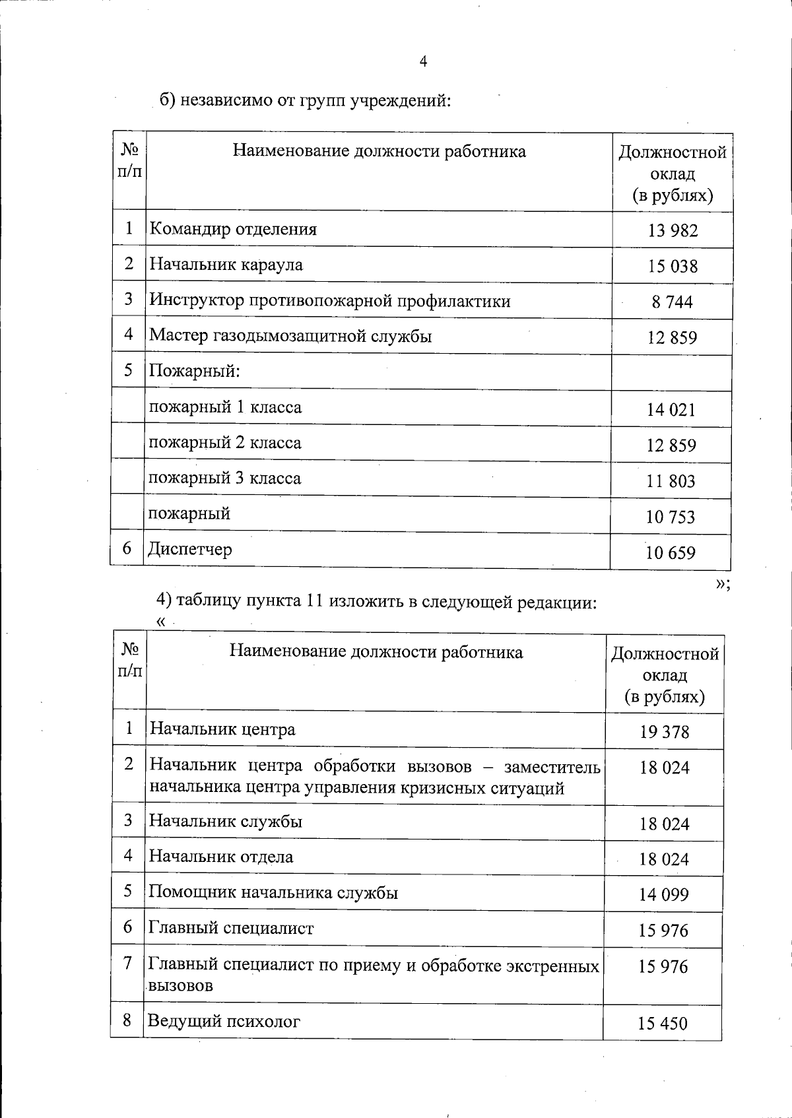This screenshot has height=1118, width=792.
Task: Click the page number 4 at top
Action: pos(423,62)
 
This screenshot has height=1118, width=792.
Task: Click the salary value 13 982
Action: pos(673,230)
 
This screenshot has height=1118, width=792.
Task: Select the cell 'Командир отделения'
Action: pos(233,229)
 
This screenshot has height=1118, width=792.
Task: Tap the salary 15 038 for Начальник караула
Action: pos(673,266)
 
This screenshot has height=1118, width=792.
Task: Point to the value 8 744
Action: pos(673,302)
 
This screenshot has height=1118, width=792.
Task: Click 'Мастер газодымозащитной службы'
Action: pos(290,336)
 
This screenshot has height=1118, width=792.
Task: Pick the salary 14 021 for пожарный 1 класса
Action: pos(671,410)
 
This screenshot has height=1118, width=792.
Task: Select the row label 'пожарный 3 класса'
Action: pos(224,478)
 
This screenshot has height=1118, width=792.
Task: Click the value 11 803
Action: pos(671,481)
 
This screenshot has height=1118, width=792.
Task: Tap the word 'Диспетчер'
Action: pos(190,549)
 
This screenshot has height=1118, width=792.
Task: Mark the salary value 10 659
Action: pos(671,552)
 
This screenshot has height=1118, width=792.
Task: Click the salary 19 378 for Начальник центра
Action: pos(664,732)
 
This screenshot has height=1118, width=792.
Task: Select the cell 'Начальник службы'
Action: pos(226,821)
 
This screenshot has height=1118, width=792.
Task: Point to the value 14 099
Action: pos(663,895)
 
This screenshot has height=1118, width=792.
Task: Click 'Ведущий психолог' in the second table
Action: pos(224,1021)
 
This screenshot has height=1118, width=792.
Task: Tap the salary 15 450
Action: pos(663,1024)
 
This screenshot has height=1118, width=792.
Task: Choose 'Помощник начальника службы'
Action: pos(273,892)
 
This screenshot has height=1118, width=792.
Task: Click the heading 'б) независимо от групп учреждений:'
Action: pos(306,100)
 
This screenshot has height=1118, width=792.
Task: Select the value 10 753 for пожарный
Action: pos(671,517)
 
